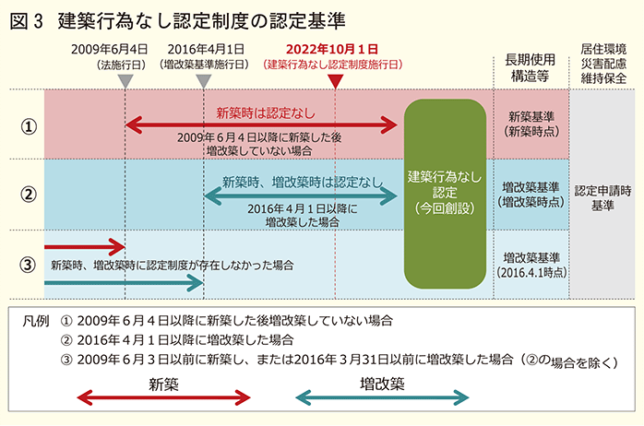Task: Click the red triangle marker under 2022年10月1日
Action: (336, 81)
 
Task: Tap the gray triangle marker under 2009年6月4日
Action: (126, 81)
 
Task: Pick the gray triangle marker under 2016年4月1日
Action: (205, 81)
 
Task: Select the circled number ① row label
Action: (28, 125)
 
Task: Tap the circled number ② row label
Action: (28, 194)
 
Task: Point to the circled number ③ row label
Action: (28, 264)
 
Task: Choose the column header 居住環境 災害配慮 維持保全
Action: (605, 61)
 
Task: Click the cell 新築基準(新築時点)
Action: (529, 125)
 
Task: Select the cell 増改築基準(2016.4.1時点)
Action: (529, 265)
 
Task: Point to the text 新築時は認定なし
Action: (266, 112)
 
